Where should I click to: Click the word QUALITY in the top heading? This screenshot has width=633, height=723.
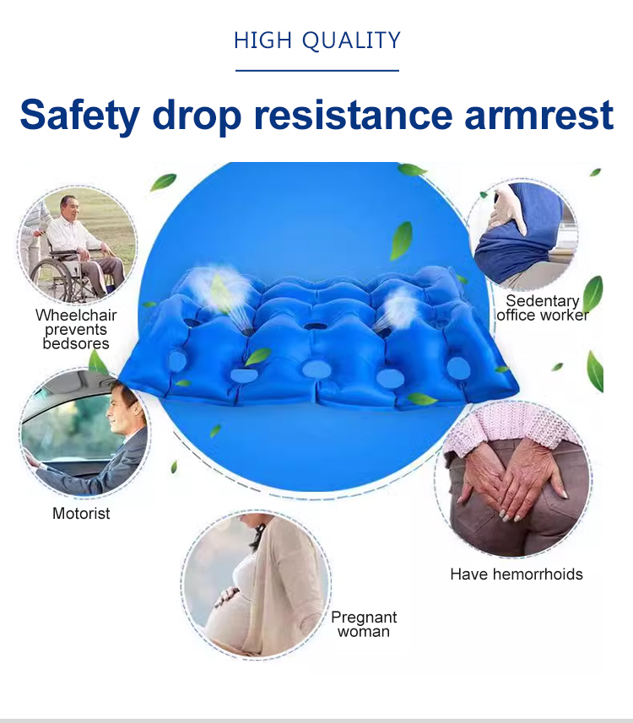click(x=352, y=40)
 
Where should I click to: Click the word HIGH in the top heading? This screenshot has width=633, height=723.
click(x=263, y=40)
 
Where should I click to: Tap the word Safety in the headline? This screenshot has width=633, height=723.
click(x=80, y=116)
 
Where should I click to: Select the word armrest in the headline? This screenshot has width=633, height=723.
click(x=538, y=115)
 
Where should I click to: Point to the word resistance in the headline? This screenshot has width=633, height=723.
click(x=354, y=115)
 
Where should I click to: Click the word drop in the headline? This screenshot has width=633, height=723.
click(x=197, y=116)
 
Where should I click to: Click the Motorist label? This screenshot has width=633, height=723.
click(x=81, y=513)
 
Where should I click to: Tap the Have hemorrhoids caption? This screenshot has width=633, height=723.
click(x=517, y=574)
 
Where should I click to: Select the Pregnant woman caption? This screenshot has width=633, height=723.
click(x=364, y=623)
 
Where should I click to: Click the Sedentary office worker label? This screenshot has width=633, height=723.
click(x=543, y=308)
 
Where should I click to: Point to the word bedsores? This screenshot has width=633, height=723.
click(x=76, y=343)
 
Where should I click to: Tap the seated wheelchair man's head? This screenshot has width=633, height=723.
click(x=68, y=207)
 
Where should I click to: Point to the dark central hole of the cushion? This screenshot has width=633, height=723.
click(x=314, y=327)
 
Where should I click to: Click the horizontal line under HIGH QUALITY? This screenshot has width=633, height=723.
click(x=317, y=71)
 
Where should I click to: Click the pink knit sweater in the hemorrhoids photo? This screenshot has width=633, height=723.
click(x=511, y=425)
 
